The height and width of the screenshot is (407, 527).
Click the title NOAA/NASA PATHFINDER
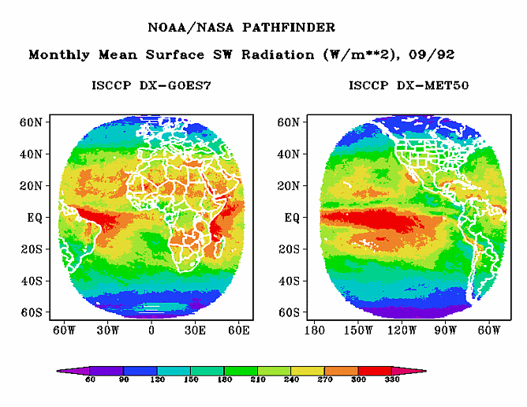[241, 28]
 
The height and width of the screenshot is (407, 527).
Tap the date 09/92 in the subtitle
[435, 55]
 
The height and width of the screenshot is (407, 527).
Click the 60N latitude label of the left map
[32, 122]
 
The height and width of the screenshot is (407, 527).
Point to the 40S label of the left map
[32, 281]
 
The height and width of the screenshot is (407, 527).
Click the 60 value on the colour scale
[91, 380]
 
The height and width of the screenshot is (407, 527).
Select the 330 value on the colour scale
[392, 380]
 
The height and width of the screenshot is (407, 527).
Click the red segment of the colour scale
[375, 370]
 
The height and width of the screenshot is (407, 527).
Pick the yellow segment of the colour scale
[308, 370]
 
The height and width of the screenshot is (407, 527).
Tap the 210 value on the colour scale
[258, 380]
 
